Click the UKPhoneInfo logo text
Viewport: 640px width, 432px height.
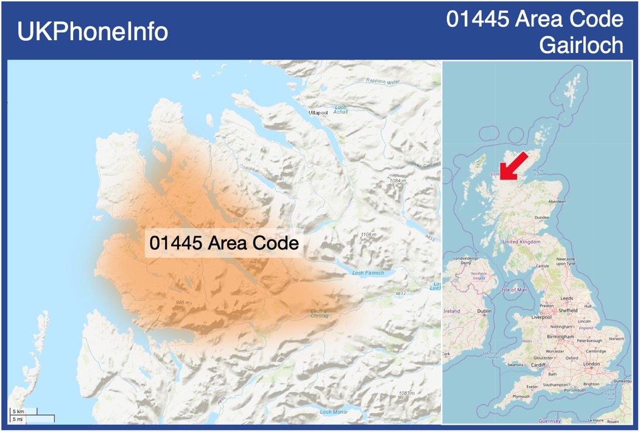(93, 32)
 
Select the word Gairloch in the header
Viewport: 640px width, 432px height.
(581, 45)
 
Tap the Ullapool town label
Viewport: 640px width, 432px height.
(318, 113)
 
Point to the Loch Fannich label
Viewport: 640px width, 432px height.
(368, 273)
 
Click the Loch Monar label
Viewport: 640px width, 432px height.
(333, 412)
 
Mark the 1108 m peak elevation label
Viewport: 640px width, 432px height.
(369, 234)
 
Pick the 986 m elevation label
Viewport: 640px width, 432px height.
(183, 302)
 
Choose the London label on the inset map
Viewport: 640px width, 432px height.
(591, 364)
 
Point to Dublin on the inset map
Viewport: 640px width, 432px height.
(484, 311)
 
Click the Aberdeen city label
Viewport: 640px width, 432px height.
(557, 201)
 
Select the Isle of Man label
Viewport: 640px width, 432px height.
(515, 290)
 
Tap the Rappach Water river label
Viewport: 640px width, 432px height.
(383, 82)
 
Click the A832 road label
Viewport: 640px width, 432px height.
(400, 293)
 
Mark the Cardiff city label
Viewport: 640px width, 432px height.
(538, 365)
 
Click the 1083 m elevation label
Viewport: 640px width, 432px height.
(407, 393)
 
